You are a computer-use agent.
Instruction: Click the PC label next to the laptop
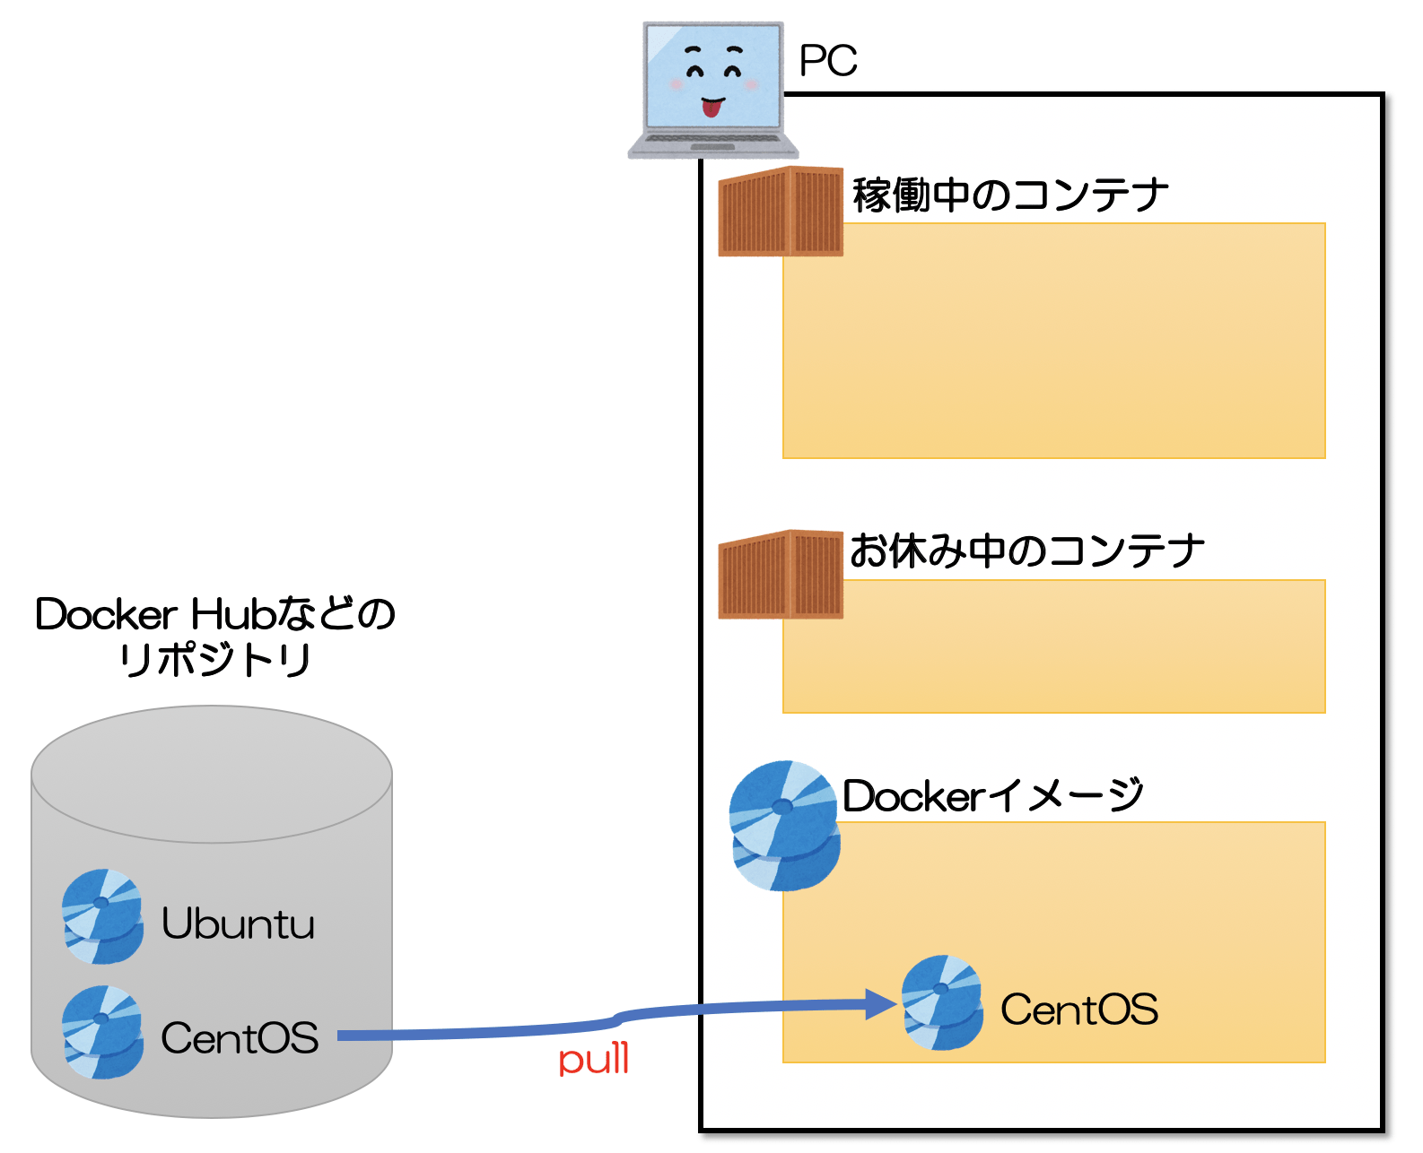(x=827, y=61)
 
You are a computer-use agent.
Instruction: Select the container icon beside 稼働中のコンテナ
(x=781, y=212)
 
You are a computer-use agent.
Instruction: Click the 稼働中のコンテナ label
(x=1009, y=195)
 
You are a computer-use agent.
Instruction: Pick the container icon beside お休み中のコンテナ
(x=781, y=575)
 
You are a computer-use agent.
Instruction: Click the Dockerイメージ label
(x=992, y=795)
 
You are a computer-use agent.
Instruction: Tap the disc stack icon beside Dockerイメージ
(x=784, y=826)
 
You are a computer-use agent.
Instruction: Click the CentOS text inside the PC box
(x=1078, y=1010)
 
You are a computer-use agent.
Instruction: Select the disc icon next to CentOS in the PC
(x=941, y=1002)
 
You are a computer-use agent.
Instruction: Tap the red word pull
(x=593, y=1060)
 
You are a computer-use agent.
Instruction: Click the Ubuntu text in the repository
(x=238, y=923)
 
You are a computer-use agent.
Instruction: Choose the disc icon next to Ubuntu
(x=102, y=916)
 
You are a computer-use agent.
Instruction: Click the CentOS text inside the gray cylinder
(x=239, y=1038)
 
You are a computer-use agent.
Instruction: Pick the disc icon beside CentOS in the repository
(x=102, y=1032)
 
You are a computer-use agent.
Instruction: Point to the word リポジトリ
(x=214, y=660)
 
